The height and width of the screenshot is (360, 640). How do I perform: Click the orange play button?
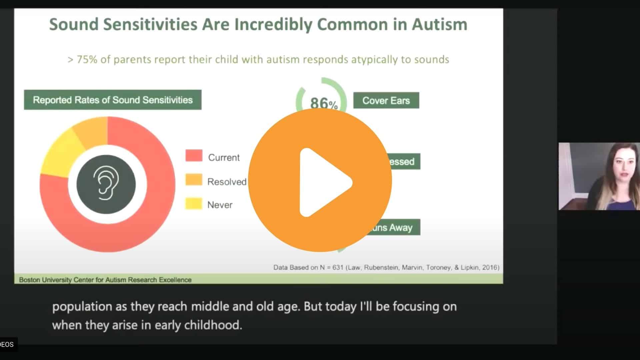320,180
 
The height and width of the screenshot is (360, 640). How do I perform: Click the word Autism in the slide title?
439,25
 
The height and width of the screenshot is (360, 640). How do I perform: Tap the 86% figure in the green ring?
323,103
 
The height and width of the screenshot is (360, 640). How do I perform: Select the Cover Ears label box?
386,100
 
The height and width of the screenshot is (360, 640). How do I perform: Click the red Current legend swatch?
194,156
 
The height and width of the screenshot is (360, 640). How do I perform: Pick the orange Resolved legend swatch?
194,180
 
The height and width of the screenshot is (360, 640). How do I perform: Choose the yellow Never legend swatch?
194,204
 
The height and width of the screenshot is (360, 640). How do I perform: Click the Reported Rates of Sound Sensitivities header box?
113,100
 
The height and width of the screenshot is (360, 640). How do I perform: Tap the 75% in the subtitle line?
87,60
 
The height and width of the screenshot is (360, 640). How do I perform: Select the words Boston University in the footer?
45,280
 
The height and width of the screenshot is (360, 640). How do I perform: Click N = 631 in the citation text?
331,267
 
